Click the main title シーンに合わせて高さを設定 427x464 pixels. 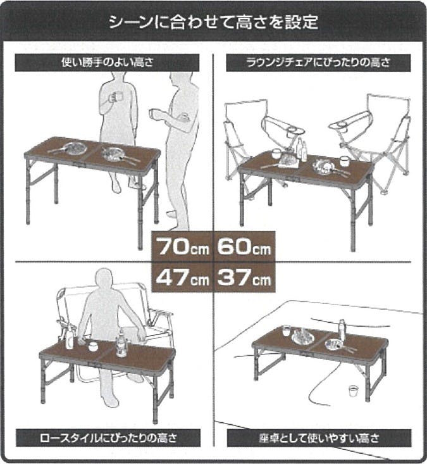(214, 22)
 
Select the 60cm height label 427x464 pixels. (244, 246)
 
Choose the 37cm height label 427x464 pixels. (244, 277)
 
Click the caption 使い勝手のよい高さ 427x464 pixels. (107, 63)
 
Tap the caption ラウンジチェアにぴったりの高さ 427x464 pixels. (318, 63)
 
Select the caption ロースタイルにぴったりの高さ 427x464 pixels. (108, 437)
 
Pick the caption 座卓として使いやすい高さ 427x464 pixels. (319, 438)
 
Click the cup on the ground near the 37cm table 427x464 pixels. (353, 391)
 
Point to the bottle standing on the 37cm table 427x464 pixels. (342, 330)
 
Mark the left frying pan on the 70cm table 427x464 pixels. (73, 148)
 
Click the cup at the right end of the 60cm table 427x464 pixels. (345, 161)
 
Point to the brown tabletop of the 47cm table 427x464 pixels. (107, 352)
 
